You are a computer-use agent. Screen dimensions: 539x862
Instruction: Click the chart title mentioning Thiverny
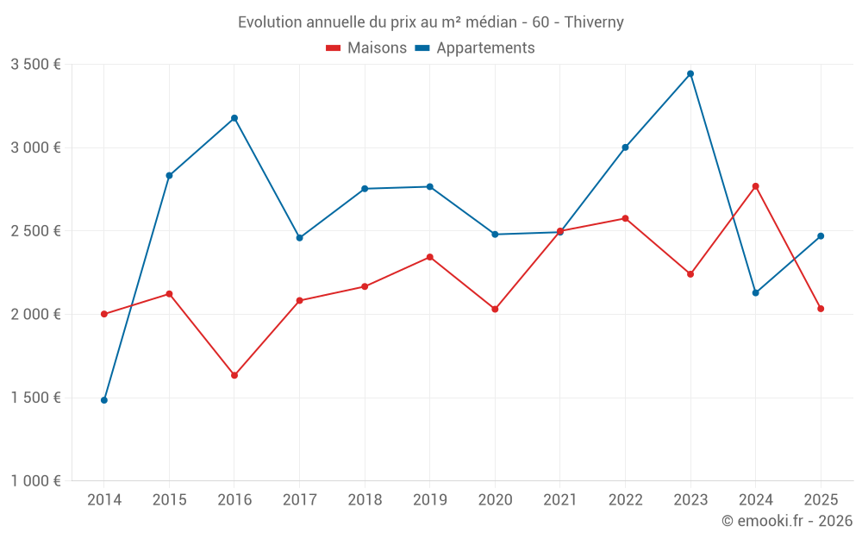click(x=430, y=22)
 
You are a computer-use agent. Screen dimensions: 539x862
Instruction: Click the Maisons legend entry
click(x=366, y=48)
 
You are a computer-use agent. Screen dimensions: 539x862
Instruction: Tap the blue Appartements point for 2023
click(x=690, y=73)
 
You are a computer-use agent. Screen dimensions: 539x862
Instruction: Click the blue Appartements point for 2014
click(x=104, y=400)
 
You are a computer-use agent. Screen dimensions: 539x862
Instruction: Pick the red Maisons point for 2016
click(x=234, y=375)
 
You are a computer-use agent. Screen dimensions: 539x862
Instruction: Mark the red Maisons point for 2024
click(x=755, y=186)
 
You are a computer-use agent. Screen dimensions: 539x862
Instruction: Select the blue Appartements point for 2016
click(x=234, y=118)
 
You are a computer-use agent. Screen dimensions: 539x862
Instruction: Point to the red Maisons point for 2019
click(x=429, y=257)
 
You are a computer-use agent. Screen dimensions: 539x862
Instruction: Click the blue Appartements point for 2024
click(x=755, y=293)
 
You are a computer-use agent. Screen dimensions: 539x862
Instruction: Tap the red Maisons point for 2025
click(x=821, y=309)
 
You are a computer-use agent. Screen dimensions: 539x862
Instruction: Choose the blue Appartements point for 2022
click(x=625, y=147)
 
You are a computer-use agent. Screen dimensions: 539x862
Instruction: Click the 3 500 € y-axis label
click(x=35, y=65)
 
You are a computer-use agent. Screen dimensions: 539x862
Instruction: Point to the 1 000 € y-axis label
click(x=35, y=481)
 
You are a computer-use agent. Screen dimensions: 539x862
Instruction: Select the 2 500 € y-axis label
click(x=35, y=231)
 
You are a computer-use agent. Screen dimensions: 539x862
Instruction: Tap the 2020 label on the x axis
click(x=495, y=500)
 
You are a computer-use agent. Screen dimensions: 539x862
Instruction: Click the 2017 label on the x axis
click(x=299, y=500)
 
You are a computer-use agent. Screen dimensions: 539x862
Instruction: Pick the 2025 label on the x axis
click(x=821, y=500)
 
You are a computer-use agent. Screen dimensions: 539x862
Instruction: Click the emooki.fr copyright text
click(x=786, y=521)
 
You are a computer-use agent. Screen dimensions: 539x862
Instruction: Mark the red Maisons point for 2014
click(x=104, y=314)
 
